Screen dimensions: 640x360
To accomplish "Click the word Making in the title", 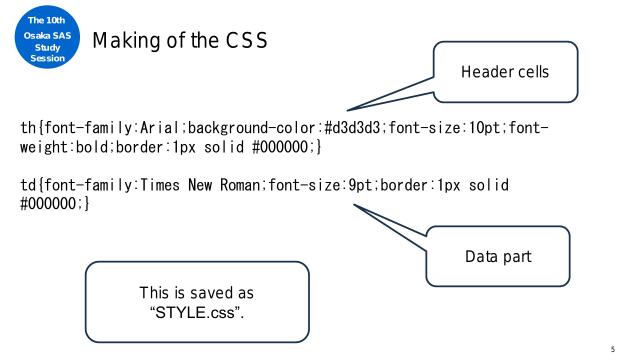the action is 124,41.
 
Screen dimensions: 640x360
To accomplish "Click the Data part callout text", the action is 498,257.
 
